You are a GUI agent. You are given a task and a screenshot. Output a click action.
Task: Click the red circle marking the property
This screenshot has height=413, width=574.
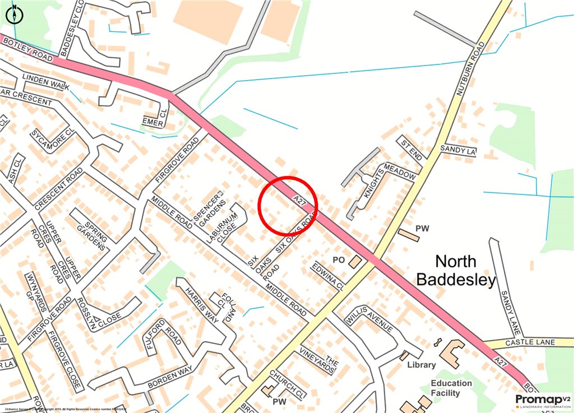click(288, 205)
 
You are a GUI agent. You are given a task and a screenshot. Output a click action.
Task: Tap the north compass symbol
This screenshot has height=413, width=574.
click(13, 13)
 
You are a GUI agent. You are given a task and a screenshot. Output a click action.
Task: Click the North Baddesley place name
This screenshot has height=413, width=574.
click(465, 270)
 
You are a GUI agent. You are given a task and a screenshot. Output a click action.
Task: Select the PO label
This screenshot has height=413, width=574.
click(338, 260)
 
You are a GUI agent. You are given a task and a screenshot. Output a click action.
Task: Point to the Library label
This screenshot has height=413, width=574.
click(422, 365)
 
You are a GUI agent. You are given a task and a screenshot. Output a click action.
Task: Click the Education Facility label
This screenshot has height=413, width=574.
click(451, 388)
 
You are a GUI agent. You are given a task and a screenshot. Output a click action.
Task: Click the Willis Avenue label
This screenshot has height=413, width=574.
click(371, 321)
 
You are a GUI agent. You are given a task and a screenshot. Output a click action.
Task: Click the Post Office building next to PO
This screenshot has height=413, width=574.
click(355, 262)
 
